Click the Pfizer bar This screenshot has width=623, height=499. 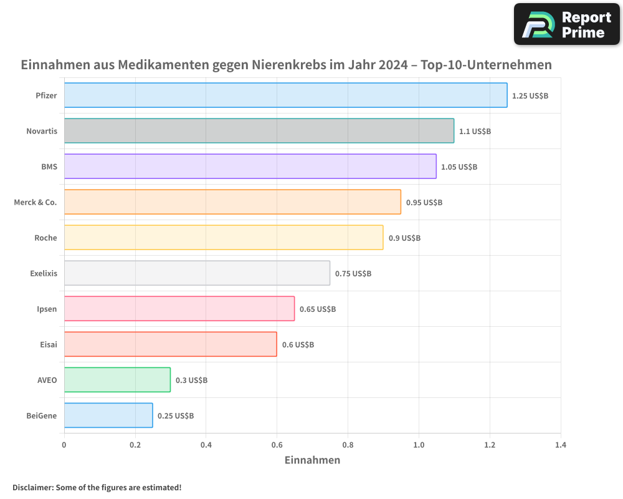click(x=285, y=95)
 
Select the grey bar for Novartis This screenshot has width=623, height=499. click(x=259, y=131)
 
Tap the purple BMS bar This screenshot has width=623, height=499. click(x=250, y=167)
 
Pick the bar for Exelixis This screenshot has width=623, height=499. click(x=197, y=273)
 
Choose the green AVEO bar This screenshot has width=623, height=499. click(x=117, y=380)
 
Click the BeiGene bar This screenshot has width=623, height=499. click(x=108, y=415)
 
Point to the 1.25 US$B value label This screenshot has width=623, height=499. click(x=530, y=96)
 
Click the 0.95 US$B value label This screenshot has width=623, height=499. click(x=424, y=203)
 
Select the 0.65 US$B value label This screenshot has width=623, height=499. click(x=318, y=309)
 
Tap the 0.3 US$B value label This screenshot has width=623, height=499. click(x=191, y=380)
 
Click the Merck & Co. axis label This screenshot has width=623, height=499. click(x=36, y=202)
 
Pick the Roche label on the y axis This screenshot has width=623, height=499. click(x=45, y=238)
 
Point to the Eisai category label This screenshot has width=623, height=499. click(x=48, y=344)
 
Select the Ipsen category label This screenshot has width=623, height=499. click(x=47, y=309)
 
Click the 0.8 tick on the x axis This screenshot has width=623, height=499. click(x=348, y=445)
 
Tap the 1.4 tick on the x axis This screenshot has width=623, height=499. click(x=561, y=445)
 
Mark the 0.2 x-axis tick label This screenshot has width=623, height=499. click(x=135, y=445)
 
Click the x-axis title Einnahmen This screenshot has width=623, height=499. click(x=312, y=460)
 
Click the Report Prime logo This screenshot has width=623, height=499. click(x=567, y=24)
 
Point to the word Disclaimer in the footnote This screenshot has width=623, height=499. click(x=32, y=487)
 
